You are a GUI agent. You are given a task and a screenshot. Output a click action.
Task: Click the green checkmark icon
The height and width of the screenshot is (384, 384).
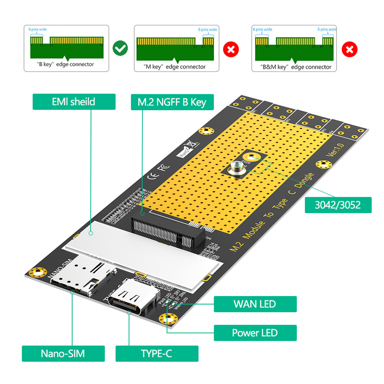pyautogui.click(x=120, y=48)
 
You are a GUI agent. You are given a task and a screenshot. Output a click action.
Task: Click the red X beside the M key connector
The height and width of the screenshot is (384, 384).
pyautogui.click(x=231, y=49)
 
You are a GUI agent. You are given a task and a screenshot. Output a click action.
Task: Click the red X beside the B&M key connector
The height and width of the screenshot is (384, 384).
pyautogui.click(x=349, y=49)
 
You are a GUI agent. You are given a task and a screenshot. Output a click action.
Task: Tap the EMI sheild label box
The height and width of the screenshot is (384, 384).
pyautogui.click(x=74, y=102)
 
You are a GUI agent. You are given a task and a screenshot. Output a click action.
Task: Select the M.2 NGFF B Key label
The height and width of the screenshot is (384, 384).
pyautogui.click(x=172, y=102)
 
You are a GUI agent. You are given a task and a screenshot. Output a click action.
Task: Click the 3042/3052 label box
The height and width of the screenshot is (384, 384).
pyautogui.click(x=338, y=205)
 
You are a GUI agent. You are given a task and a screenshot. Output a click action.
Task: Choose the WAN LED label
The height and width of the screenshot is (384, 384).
pyautogui.click(x=255, y=304)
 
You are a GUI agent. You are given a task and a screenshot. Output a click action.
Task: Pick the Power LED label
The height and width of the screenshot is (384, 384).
pyautogui.click(x=255, y=333)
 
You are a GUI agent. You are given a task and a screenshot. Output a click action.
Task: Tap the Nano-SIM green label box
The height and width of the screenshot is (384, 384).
pyautogui.click(x=63, y=353)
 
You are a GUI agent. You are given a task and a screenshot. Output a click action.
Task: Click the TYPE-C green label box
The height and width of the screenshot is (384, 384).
pyautogui.click(x=157, y=353)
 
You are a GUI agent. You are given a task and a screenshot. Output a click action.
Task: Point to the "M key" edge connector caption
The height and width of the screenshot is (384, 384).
pyautogui.click(x=175, y=67)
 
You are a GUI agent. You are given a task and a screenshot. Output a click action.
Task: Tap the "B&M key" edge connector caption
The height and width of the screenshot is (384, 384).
pyautogui.click(x=296, y=67)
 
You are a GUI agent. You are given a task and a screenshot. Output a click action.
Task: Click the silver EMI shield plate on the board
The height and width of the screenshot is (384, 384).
pyautogui.click(x=142, y=255)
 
